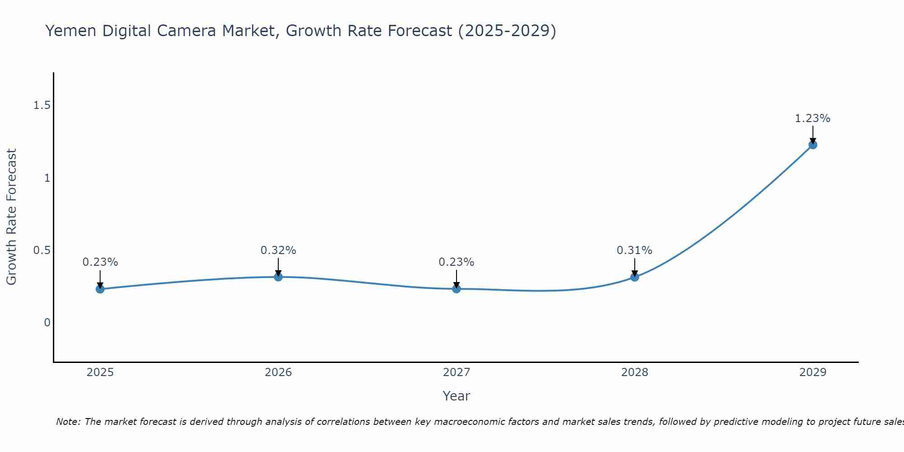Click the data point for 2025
tap(100, 289)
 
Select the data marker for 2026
tap(278, 277)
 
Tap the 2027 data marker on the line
tap(457, 289)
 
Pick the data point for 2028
tap(635, 277)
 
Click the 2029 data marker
tap(813, 145)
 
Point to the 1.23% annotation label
tap(813, 118)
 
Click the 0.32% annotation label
tap(278, 250)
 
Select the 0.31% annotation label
tap(635, 250)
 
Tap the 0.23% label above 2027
tap(457, 262)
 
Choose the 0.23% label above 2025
tap(100, 262)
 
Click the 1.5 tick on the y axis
tap(42, 105)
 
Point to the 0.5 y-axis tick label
tap(42, 250)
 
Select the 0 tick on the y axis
tap(47, 323)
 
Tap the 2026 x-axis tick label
tap(278, 372)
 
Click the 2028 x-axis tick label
tap(635, 372)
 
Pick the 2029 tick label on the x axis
tap(813, 372)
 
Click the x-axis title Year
tap(457, 396)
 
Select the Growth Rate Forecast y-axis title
tap(12, 217)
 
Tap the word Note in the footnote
tap(68, 422)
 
